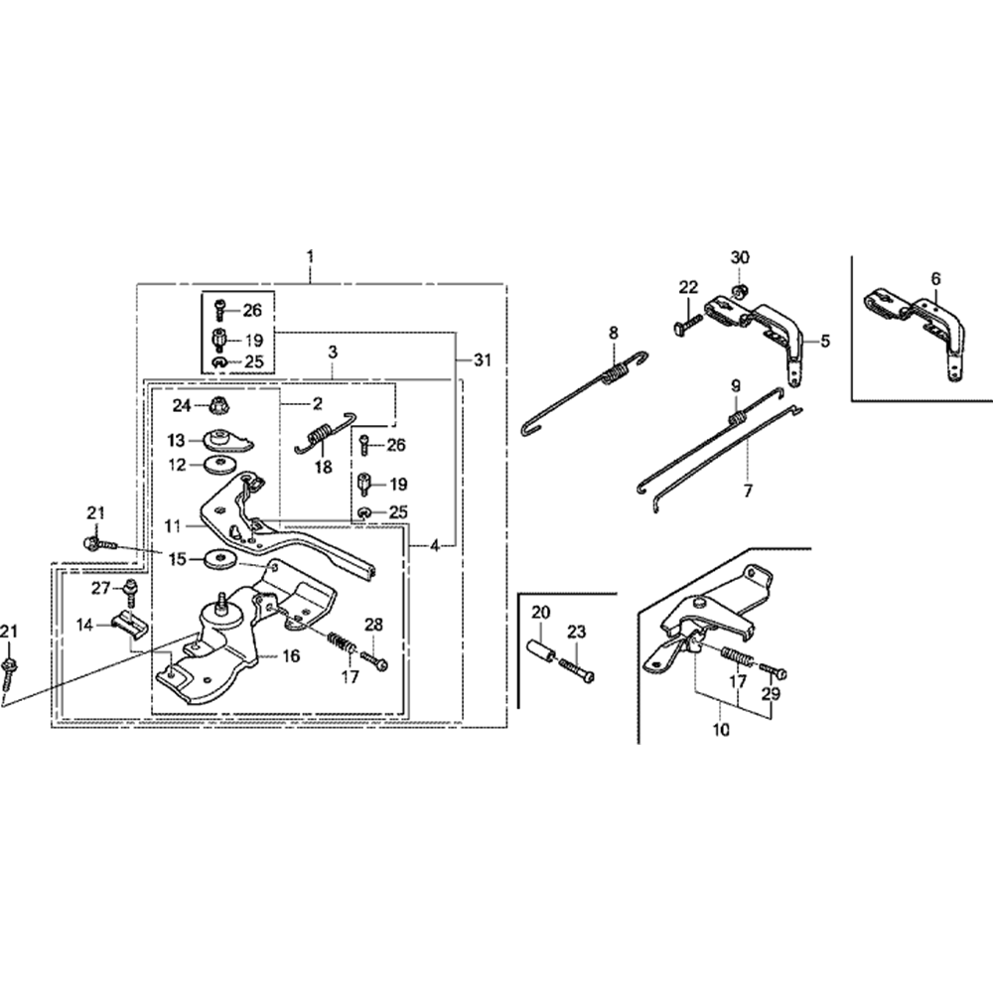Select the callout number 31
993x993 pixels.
(x=483, y=360)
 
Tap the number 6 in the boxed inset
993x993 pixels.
(x=935, y=279)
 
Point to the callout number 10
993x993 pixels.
(x=720, y=730)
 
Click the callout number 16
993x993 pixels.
(x=292, y=655)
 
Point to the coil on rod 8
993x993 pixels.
(x=616, y=372)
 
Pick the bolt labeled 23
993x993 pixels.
(x=578, y=670)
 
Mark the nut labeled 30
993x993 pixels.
(x=740, y=290)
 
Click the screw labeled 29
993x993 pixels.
(x=776, y=674)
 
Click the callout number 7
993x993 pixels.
(x=748, y=490)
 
